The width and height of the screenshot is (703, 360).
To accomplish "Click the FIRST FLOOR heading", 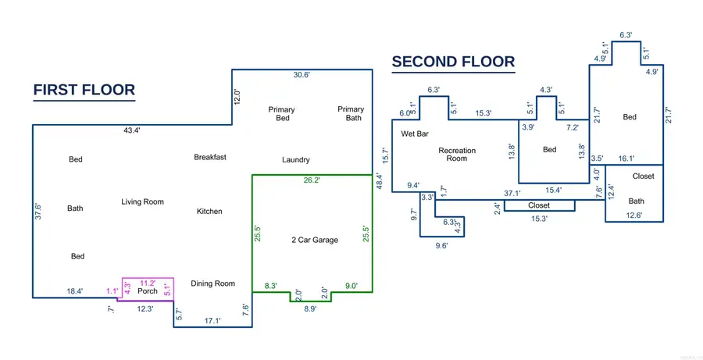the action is (x=84, y=90).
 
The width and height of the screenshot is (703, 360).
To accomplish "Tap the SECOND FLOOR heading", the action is (x=453, y=62).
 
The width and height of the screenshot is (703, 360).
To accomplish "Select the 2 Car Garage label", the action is (x=315, y=240).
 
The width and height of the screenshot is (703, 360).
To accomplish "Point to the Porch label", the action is (x=148, y=291).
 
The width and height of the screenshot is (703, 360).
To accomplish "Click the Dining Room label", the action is (x=213, y=283).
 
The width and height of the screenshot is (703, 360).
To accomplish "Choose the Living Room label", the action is (x=143, y=202).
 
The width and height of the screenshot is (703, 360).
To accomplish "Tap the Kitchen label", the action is (x=209, y=211).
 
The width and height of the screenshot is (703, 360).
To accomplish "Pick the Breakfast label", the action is (x=210, y=158).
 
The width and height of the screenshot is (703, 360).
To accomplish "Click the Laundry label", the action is (x=296, y=159).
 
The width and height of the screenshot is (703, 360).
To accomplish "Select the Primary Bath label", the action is (x=351, y=113).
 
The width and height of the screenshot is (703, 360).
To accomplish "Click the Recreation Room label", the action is (x=457, y=154).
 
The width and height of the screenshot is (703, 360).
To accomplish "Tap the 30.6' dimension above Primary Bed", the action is (x=302, y=75).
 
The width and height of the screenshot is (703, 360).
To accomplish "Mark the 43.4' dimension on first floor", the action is (x=133, y=131).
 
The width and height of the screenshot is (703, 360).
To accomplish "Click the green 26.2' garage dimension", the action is (x=312, y=180).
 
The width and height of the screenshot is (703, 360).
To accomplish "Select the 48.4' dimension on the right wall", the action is (x=380, y=182).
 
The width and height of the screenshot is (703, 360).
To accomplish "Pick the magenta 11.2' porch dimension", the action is (x=148, y=283).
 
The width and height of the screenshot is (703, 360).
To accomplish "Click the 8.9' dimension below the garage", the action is (x=310, y=308).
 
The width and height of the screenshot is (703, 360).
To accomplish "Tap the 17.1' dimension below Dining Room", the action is (x=212, y=321).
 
